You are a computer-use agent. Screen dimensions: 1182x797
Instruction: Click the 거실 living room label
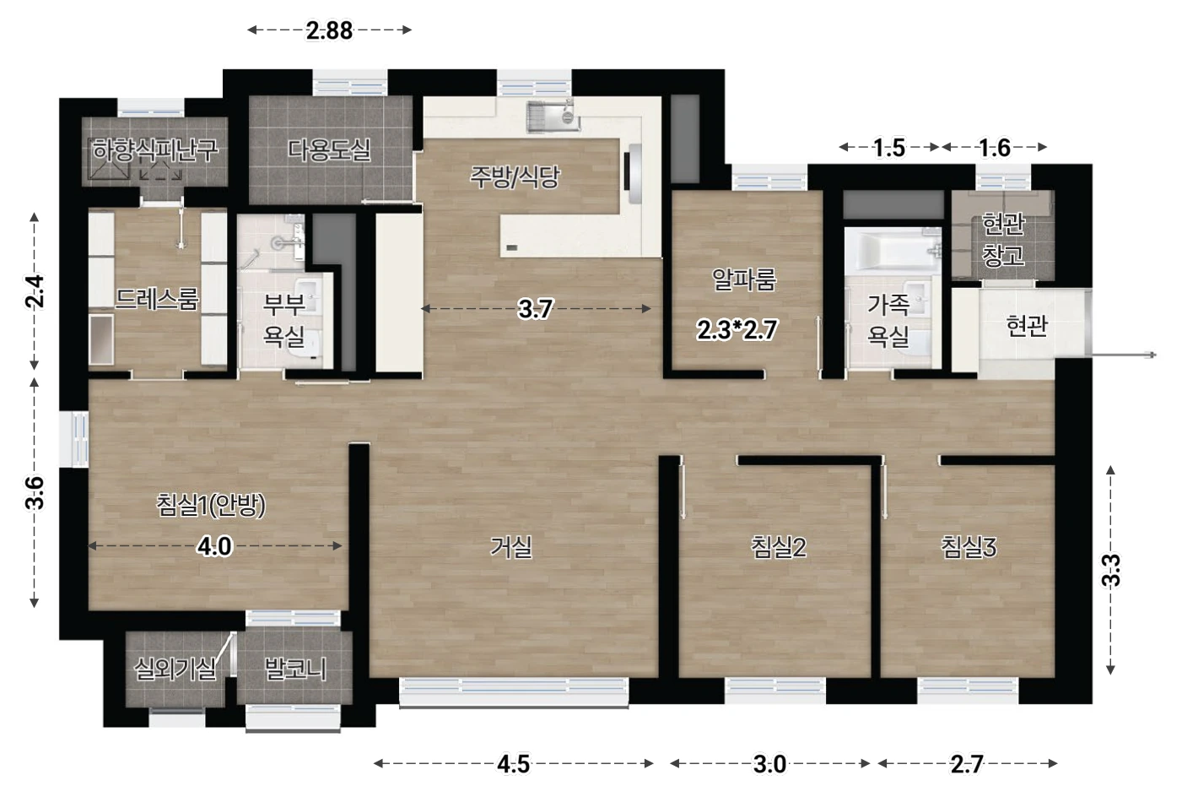click(x=510, y=547)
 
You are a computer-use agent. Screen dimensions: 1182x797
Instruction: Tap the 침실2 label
click(x=779, y=547)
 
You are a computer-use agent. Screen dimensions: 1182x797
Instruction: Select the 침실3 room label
click(x=969, y=547)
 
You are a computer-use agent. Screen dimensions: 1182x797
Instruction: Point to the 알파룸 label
click(x=744, y=279)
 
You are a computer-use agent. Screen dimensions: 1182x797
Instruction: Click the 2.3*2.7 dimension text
click(x=737, y=330)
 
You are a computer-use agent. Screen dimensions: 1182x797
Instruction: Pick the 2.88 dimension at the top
click(x=329, y=30)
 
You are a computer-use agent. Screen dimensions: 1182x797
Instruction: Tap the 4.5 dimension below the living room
click(x=514, y=764)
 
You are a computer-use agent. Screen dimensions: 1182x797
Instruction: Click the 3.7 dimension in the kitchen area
click(x=535, y=309)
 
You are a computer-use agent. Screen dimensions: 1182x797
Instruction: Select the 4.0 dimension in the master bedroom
click(x=214, y=546)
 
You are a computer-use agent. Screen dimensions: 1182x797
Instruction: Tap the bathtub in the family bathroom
click(x=893, y=251)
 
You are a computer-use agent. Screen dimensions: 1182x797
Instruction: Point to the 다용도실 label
click(x=329, y=150)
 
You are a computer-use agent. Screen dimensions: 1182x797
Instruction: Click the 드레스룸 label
click(x=156, y=299)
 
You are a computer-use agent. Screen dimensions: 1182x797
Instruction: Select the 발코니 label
click(x=295, y=669)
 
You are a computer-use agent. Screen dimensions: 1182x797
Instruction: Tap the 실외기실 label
click(x=175, y=669)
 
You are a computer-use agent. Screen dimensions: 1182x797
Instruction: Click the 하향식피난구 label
click(x=154, y=150)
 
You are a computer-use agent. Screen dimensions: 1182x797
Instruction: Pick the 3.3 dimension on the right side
click(x=1110, y=571)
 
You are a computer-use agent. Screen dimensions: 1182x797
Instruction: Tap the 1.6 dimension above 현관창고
click(x=994, y=148)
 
